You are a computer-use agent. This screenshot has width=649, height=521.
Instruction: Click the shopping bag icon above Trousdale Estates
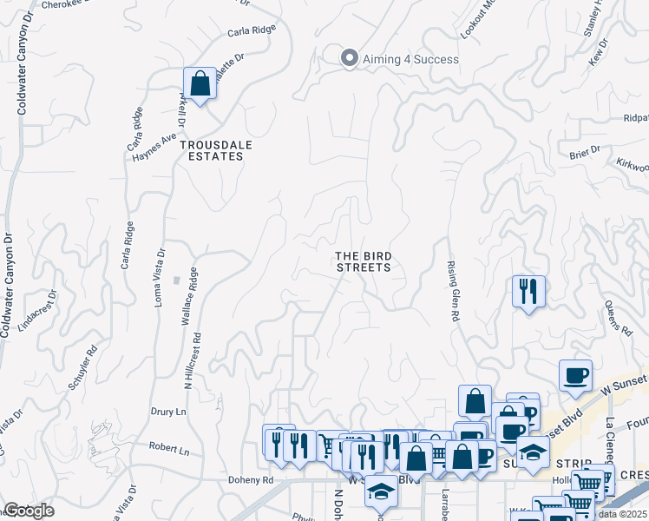click(200, 85)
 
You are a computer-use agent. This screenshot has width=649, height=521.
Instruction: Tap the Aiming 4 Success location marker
click(350, 58)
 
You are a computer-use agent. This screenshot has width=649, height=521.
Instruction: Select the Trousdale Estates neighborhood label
click(216, 150)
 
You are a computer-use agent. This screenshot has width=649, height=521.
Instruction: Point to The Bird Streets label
click(364, 261)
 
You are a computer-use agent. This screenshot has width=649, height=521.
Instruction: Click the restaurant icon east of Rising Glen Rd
click(528, 292)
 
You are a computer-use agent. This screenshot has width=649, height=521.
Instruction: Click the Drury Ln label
click(170, 411)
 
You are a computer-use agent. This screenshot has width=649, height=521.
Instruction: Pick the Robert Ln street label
click(168, 450)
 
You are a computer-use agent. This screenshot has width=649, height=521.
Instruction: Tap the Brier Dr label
click(585, 152)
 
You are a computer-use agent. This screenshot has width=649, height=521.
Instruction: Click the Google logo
click(28, 511)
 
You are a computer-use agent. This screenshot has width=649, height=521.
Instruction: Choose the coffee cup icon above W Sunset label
click(575, 374)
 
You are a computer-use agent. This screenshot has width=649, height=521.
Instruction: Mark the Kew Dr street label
click(595, 56)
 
